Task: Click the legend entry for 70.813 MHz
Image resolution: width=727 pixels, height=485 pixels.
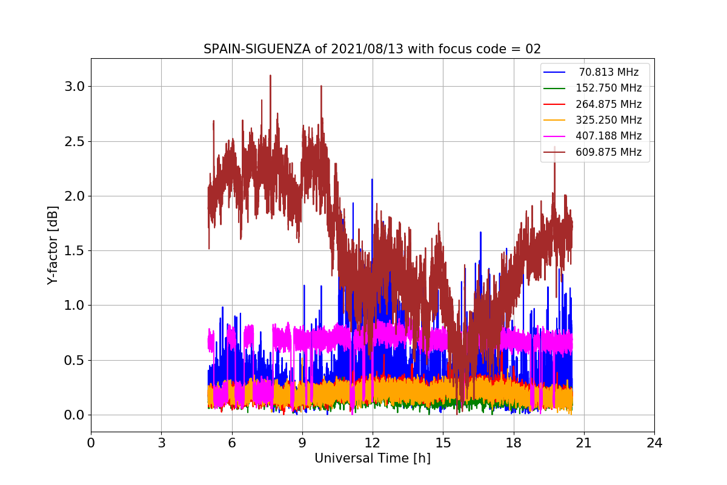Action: pos(608,72)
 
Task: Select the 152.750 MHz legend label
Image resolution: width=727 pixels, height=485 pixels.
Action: pos(608,88)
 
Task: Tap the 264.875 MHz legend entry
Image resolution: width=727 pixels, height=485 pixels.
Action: pos(608,104)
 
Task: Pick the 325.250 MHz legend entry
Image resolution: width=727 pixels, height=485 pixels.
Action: pos(608,120)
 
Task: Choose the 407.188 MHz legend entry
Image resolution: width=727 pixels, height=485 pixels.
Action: pos(608,136)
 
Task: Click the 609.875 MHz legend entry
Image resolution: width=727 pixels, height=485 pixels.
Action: pos(608,152)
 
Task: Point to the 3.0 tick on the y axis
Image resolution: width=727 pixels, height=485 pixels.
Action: pos(75,87)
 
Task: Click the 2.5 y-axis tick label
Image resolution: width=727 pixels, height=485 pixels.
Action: pos(75,141)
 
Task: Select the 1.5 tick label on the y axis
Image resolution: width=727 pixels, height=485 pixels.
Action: pos(75,251)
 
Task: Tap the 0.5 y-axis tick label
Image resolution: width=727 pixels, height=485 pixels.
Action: pos(75,360)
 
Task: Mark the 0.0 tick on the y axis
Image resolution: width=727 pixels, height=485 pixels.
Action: pos(75,415)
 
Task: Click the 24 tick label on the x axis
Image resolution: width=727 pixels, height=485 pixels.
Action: pos(654,443)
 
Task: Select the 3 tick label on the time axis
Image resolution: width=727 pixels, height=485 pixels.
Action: pos(161,443)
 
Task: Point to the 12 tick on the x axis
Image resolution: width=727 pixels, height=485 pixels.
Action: pos(373,443)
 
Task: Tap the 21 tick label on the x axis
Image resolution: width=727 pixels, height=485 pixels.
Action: pos(583,443)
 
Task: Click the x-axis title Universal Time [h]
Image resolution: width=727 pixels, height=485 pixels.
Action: pos(372,459)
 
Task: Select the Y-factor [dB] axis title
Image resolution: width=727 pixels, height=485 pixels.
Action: pos(53,245)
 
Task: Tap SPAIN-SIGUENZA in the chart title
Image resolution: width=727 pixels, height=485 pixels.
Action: pos(247,49)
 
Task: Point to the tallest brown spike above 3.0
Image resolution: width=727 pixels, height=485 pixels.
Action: pos(270,76)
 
